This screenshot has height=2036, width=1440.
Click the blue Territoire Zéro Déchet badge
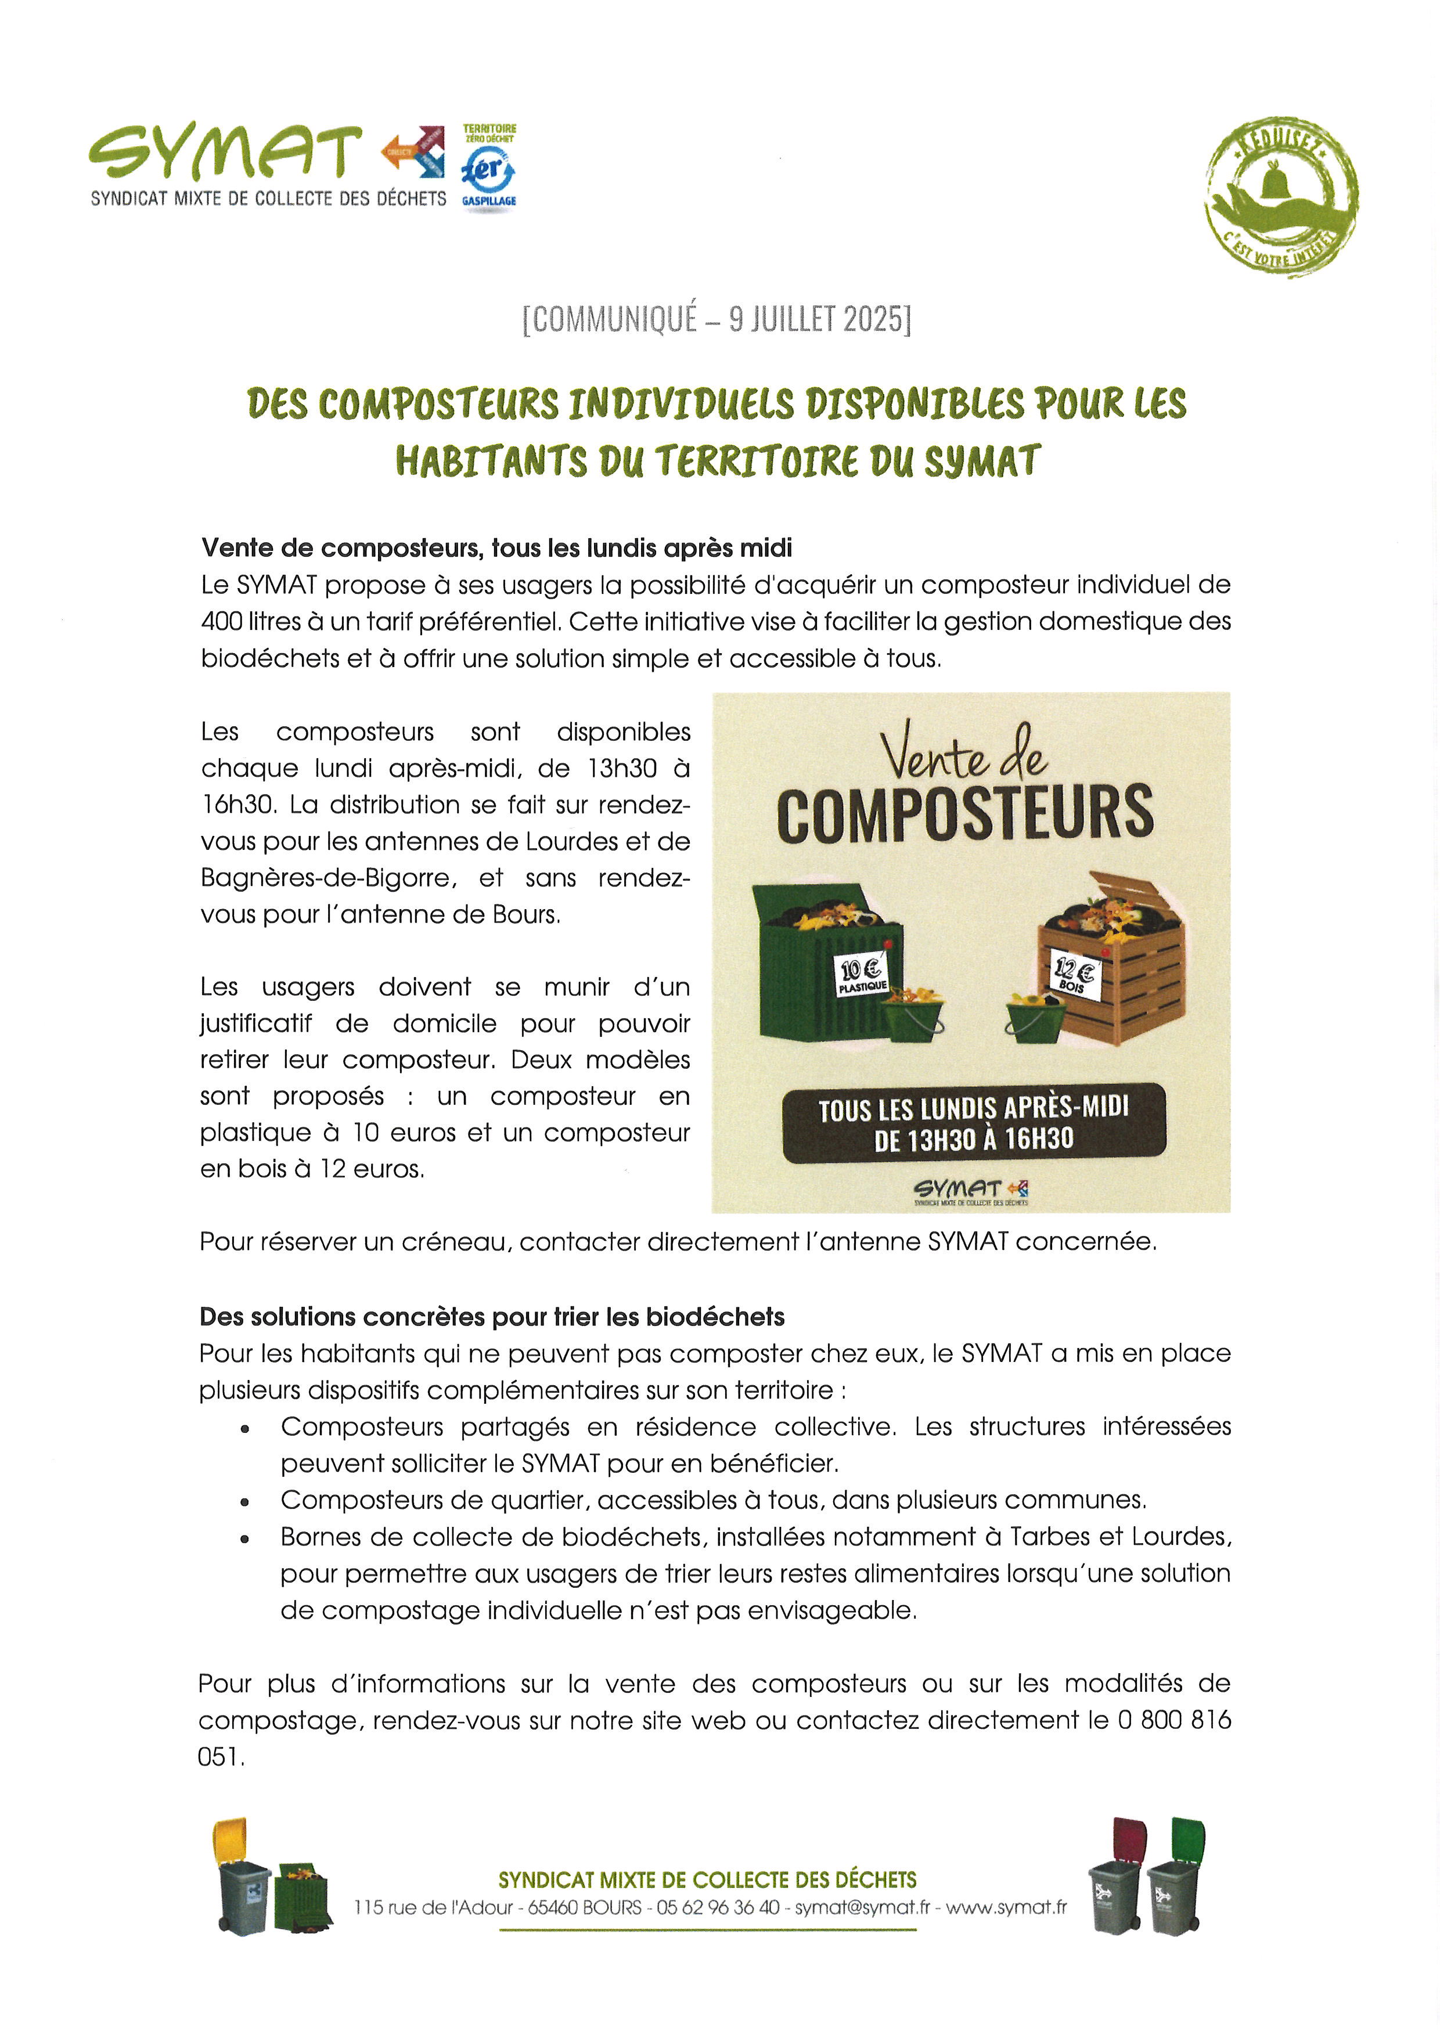click(488, 168)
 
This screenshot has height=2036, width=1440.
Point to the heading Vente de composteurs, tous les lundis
click(496, 548)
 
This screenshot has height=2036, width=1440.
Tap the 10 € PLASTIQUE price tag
click(862, 975)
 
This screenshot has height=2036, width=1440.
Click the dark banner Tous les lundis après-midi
click(974, 1123)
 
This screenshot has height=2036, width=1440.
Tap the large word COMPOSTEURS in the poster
click(964, 814)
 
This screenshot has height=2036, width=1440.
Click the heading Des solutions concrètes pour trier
click(492, 1317)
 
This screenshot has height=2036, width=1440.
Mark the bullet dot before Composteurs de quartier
click(244, 1502)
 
